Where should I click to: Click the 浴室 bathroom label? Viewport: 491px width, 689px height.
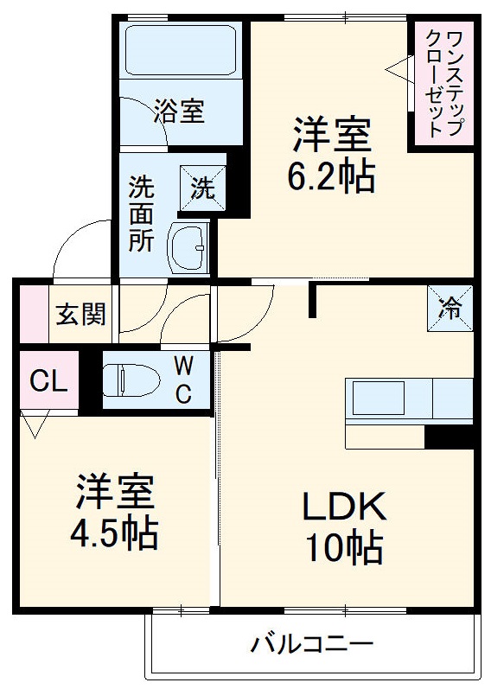point(180,111)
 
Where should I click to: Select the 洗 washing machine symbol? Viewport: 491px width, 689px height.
point(202,188)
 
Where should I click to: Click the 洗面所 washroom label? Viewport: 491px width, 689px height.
point(141,214)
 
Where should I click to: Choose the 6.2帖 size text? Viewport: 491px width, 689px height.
point(331,178)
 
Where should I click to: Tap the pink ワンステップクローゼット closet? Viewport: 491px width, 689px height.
point(442,83)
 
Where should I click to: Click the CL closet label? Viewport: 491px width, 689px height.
point(48,381)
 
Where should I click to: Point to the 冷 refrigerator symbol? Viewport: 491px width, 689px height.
point(450,307)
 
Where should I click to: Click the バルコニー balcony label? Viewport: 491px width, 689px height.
point(312,644)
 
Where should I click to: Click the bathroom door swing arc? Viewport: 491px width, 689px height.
point(138,112)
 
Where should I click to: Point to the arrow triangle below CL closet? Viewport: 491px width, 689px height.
point(36,425)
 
